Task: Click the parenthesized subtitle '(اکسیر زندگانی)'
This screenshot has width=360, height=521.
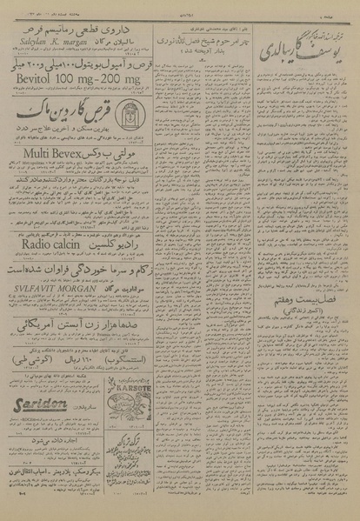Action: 301,337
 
